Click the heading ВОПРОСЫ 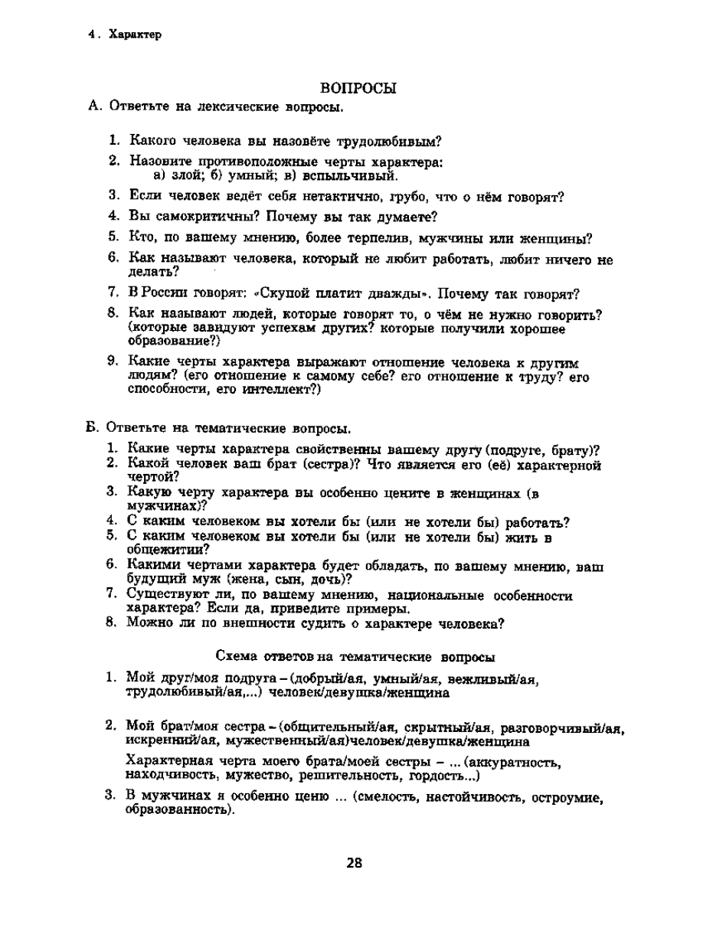pyautogui.click(x=357, y=89)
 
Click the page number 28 pyautogui.click(x=353, y=863)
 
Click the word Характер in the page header pyautogui.click(x=135, y=34)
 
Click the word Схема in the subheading pyautogui.click(x=237, y=657)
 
